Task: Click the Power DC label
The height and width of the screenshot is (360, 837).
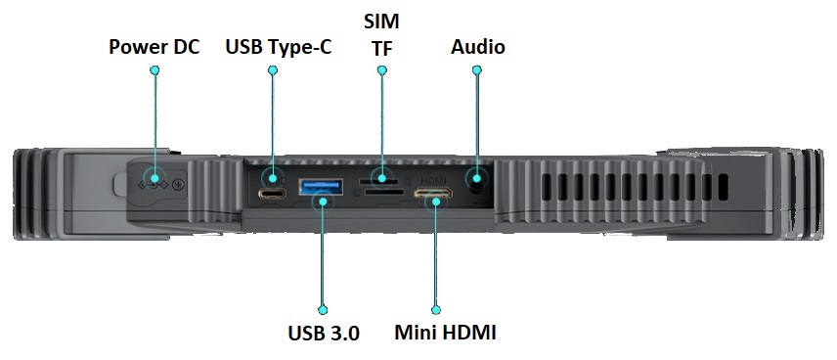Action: point(154,46)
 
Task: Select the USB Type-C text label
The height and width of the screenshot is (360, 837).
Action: point(279,46)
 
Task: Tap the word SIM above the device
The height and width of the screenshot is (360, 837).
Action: point(380,21)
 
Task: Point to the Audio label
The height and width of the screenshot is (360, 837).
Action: point(478,46)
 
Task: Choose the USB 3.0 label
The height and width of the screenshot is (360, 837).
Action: point(324,333)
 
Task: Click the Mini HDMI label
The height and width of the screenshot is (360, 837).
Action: point(446,333)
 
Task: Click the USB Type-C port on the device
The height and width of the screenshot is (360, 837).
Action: point(273,194)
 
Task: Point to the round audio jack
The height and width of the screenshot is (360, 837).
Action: point(477,179)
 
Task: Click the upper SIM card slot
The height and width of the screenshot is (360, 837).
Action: point(379,181)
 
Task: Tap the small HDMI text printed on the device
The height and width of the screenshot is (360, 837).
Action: point(434,180)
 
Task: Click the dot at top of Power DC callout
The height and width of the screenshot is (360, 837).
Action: point(154,70)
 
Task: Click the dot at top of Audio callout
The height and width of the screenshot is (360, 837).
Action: point(477,70)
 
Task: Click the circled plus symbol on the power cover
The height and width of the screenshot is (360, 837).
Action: point(178,184)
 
